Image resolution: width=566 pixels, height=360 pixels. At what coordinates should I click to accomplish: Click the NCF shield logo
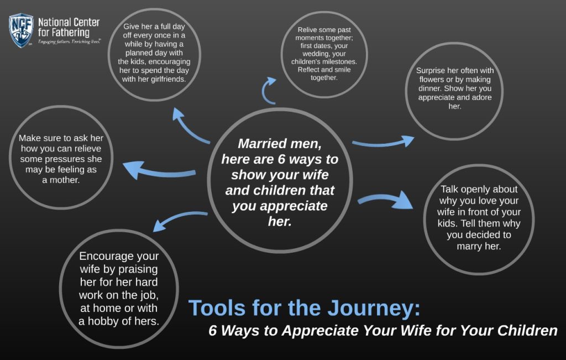click(21, 30)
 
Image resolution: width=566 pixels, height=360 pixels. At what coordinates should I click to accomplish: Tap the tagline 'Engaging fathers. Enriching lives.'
click(69, 42)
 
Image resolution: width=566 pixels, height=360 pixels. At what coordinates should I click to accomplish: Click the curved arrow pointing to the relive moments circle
click(269, 91)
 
